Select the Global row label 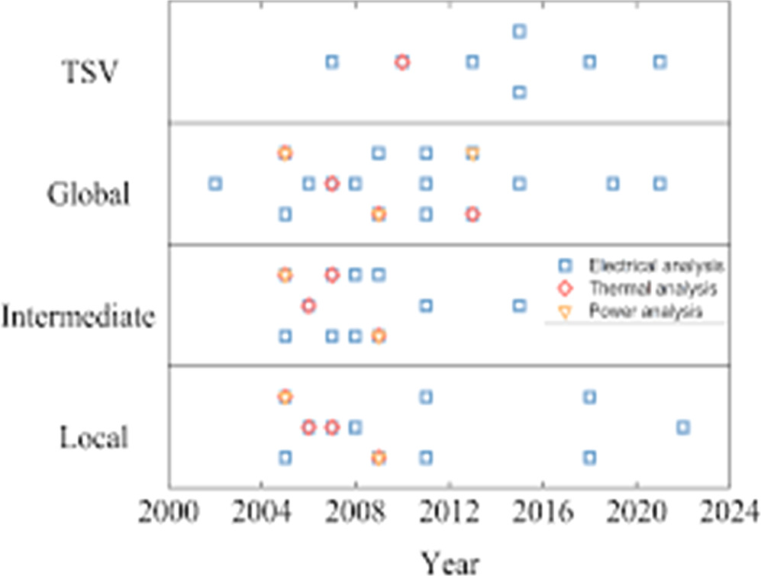(x=88, y=194)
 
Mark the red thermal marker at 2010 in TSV (x=402, y=62)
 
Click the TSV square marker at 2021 (x=660, y=62)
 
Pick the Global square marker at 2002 (x=215, y=184)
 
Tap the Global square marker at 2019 (x=613, y=184)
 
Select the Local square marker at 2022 (x=683, y=427)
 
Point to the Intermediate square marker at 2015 (x=519, y=306)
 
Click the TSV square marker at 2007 (x=332, y=62)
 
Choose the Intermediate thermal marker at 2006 (x=308, y=306)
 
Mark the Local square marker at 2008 (x=355, y=427)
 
